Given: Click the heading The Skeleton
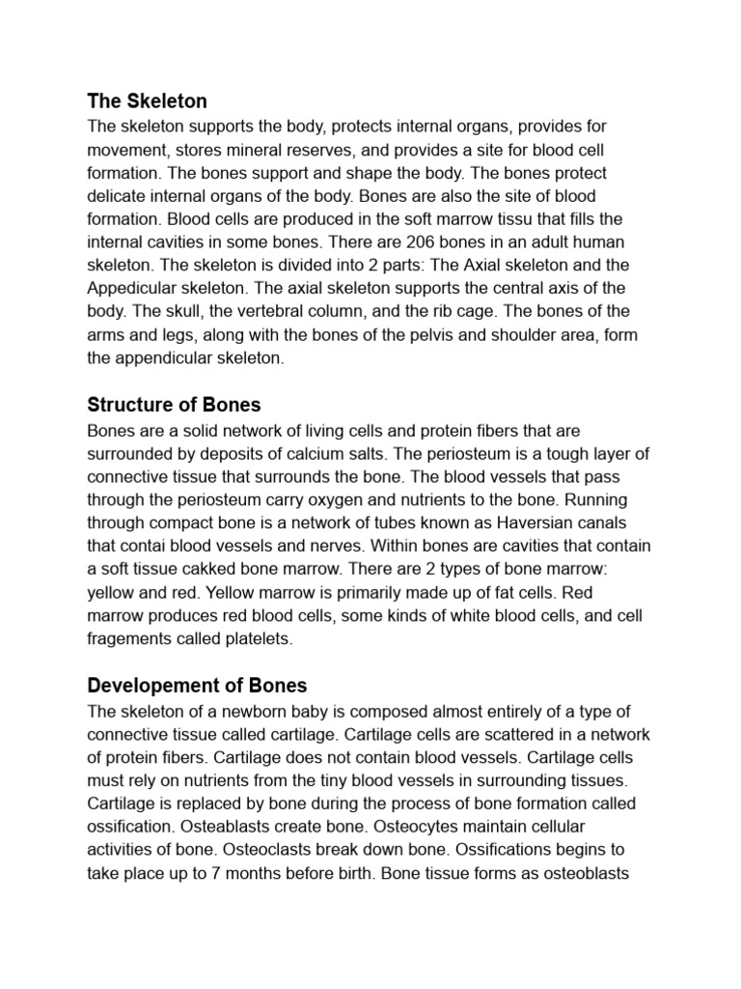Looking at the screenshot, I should pos(147,100).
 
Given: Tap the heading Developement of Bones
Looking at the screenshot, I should pos(197,686).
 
